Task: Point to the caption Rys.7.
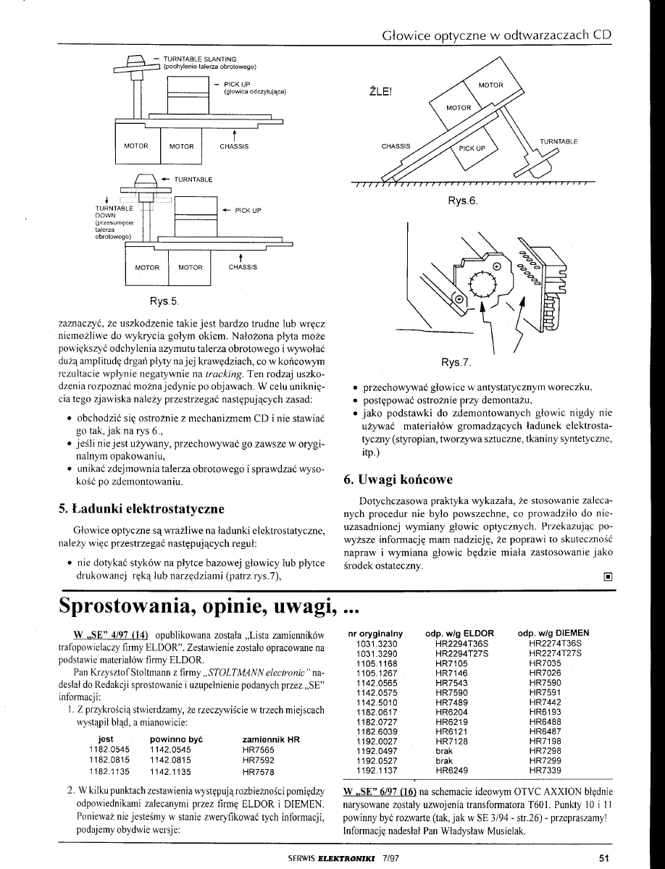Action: tap(457, 363)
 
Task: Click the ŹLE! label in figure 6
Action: tap(380, 92)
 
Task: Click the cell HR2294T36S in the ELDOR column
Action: tap(462, 643)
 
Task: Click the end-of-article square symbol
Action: tap(607, 578)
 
